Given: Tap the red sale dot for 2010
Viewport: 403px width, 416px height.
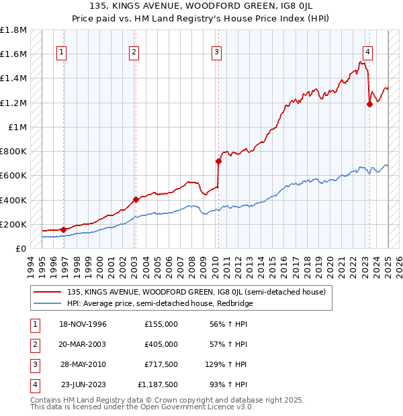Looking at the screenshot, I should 218,161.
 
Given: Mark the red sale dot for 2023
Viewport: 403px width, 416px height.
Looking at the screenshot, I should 369,104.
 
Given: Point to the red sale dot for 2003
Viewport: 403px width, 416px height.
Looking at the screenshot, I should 136,199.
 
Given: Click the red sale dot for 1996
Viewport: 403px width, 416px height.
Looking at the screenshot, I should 64,229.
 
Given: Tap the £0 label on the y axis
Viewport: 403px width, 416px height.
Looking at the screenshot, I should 21,248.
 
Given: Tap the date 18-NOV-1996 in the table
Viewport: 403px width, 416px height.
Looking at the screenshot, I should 84,324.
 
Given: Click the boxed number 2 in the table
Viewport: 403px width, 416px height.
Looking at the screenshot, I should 33,344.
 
